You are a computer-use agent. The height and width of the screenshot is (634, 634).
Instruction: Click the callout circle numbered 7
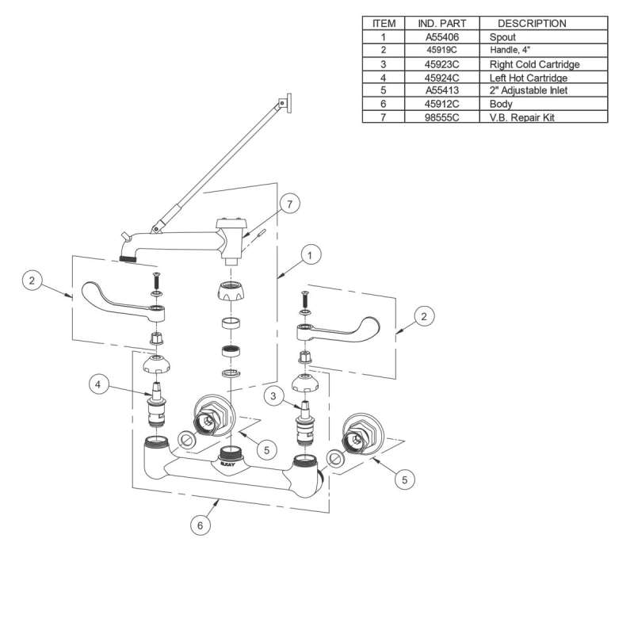point(289,204)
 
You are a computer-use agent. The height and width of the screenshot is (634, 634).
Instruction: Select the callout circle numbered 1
point(311,255)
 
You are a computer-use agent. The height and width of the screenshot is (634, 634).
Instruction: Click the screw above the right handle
point(302,301)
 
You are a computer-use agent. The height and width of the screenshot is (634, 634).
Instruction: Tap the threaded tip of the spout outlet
point(128,258)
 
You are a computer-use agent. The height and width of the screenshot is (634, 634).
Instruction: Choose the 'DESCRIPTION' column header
point(532,23)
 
